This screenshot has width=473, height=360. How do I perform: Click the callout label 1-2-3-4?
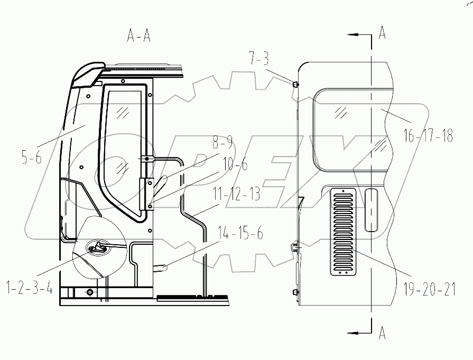pos(29,289)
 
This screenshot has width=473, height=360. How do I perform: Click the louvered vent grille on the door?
pos(343,232)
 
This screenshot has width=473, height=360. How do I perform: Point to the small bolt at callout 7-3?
pos(295,84)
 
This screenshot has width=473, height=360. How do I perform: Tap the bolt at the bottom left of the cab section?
pos(89,292)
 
